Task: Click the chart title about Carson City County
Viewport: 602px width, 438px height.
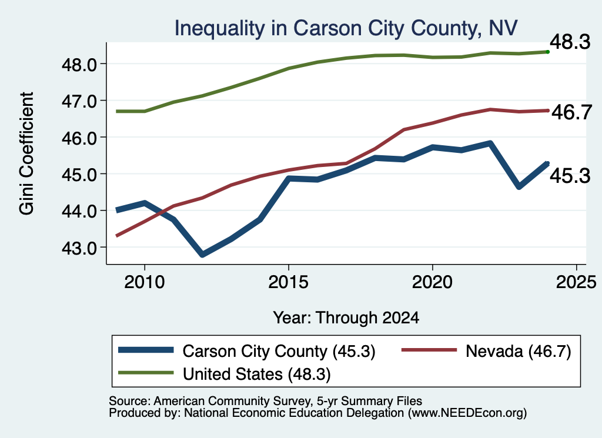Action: tap(346, 28)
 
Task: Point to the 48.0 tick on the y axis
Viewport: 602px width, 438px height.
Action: tap(79, 65)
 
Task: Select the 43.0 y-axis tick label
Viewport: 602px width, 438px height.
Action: tap(79, 248)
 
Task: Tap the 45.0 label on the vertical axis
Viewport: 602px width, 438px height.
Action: tap(79, 175)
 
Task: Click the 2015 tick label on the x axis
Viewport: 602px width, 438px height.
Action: tap(288, 282)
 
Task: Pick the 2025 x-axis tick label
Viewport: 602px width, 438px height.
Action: tap(576, 282)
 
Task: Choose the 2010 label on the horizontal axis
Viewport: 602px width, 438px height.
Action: tap(145, 282)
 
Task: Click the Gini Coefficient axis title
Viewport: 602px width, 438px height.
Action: tap(27, 153)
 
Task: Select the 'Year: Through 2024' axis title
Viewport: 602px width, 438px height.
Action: tap(346, 318)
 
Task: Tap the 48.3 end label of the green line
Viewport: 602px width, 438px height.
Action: tap(570, 42)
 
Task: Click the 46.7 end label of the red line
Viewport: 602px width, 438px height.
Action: tap(571, 112)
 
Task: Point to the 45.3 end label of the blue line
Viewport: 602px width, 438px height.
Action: tap(570, 176)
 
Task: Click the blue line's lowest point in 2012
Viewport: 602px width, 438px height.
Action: tap(202, 254)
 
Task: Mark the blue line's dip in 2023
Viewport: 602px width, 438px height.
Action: tap(519, 187)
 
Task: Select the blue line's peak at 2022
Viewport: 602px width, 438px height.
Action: tap(490, 143)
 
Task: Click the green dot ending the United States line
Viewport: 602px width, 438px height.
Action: tap(548, 52)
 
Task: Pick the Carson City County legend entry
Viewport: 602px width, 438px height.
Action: tap(246, 351)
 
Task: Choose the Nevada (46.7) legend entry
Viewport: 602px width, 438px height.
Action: tap(486, 351)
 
